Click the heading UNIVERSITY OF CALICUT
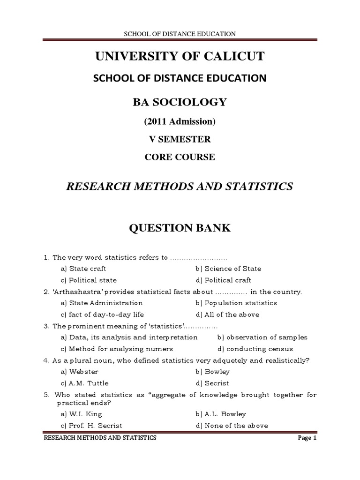click(180, 57)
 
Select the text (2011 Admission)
click(180, 121)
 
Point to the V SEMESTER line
click(180, 139)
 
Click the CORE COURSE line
click(180, 157)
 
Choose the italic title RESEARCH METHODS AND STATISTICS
click(180, 187)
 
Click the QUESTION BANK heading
click(180, 228)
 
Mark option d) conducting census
click(255, 349)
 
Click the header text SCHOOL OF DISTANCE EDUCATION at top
click(180, 33)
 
